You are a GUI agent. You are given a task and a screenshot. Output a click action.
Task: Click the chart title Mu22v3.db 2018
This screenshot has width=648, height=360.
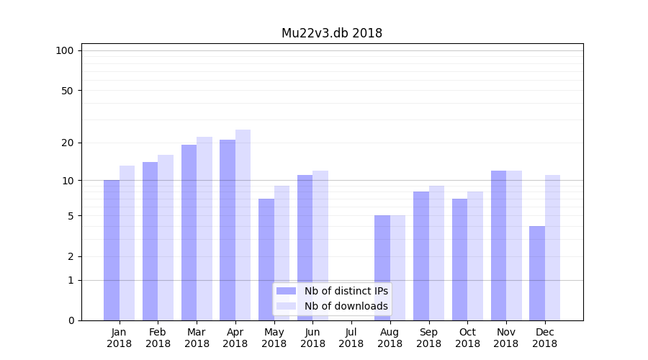pos(331,33)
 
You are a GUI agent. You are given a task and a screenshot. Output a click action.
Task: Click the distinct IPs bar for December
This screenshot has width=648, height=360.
pos(537,273)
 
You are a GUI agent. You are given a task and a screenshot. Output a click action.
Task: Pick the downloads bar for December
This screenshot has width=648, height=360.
pos(552,248)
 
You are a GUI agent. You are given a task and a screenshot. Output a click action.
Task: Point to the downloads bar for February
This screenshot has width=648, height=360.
pos(166,238)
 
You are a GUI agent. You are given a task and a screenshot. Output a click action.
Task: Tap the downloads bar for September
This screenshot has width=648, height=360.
pos(436,253)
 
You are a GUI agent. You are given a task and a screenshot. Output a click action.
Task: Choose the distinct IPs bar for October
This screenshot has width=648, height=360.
pos(459,259)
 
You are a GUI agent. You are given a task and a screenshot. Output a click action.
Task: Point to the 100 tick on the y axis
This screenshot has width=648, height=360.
pos(65,50)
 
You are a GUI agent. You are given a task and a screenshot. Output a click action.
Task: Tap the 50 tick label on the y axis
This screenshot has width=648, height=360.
pos(68,91)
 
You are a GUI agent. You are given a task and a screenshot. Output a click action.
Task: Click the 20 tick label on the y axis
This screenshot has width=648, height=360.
pos(68,143)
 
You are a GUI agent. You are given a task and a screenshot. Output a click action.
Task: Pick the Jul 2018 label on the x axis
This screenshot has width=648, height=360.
pos(351,338)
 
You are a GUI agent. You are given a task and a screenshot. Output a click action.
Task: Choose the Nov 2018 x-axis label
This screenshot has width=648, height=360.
pos(506,338)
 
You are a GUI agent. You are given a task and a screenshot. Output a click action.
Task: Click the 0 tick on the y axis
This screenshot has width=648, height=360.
pos(71,320)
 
